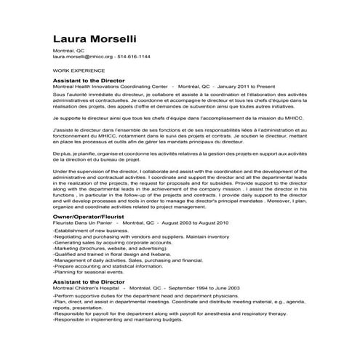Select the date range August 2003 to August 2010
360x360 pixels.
coord(192,223)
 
